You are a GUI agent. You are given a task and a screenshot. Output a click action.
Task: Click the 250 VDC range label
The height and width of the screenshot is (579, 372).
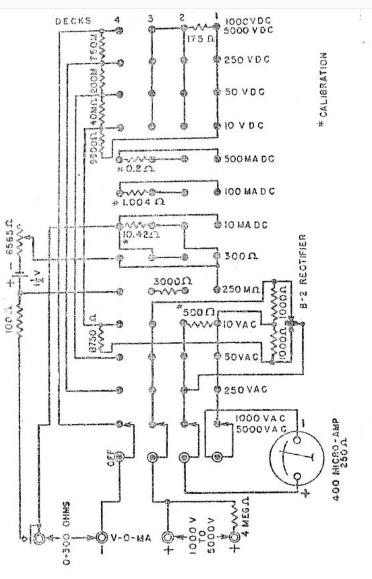247,60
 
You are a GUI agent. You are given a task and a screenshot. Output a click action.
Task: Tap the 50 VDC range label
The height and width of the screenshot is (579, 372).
245,92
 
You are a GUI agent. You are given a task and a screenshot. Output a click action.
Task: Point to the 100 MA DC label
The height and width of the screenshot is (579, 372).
249,191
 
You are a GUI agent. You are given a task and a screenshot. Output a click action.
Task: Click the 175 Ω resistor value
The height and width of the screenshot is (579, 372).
200,39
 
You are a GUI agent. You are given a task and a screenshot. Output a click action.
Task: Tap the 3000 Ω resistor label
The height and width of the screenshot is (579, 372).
172,281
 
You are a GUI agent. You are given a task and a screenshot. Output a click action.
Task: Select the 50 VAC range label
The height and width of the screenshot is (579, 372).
241,356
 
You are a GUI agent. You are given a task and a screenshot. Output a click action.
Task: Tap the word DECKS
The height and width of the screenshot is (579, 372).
73,21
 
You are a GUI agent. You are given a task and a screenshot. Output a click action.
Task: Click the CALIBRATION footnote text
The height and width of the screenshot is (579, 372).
323,90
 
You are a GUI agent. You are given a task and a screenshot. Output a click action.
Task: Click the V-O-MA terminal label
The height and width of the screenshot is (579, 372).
131,538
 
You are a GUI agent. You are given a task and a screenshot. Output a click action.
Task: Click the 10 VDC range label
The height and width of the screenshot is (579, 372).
244,125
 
